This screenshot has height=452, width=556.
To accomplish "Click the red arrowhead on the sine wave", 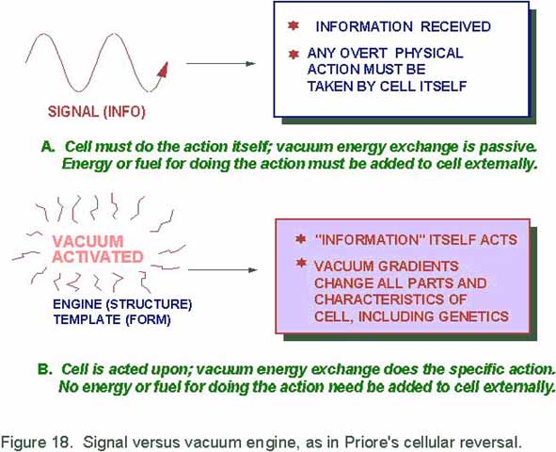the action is [x=163, y=70].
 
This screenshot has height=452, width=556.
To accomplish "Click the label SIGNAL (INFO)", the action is [x=97, y=112].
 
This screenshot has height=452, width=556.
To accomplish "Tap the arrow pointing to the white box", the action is [x=220, y=63].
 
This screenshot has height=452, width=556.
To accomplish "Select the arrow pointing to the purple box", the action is [x=222, y=270].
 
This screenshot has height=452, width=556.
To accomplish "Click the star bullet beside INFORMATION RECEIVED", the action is [x=294, y=25].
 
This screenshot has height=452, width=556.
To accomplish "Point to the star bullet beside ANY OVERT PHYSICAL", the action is [x=294, y=55].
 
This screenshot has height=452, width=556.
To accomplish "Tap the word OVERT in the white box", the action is [x=363, y=54].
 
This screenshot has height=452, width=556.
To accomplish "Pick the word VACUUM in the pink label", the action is [x=87, y=242].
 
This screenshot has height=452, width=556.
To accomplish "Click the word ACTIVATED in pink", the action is [x=98, y=257].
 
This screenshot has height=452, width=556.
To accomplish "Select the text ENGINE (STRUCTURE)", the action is [x=122, y=304].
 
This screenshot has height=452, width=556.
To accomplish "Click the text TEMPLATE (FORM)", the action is [x=112, y=319].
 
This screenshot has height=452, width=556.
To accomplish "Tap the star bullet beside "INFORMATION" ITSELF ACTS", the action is [x=301, y=239].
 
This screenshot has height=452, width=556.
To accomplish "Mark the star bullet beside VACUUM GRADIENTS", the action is [x=301, y=264].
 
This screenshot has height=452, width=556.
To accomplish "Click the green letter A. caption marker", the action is [x=48, y=146].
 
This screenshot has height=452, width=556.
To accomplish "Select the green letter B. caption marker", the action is [x=45, y=369].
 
